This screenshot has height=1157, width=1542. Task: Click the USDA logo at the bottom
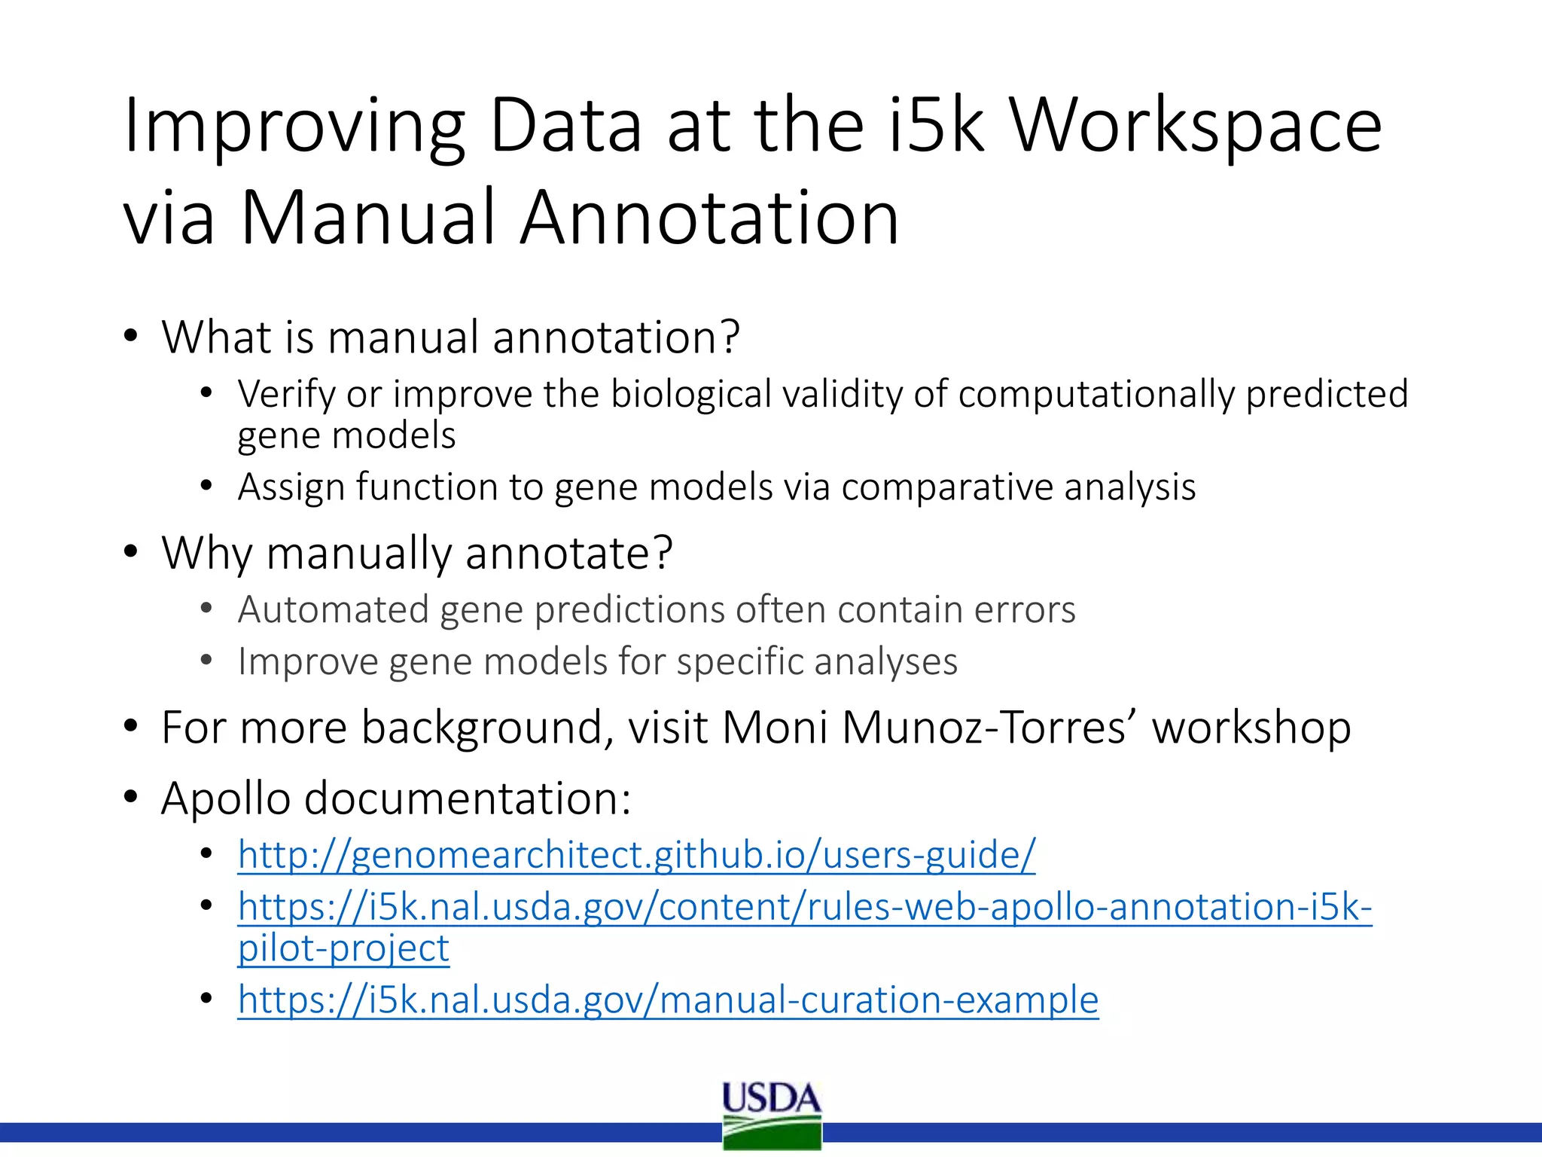pyautogui.click(x=772, y=1115)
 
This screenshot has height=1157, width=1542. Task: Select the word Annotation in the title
pyautogui.click(x=709, y=218)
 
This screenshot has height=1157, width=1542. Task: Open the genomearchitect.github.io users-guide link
pyautogui.click(x=636, y=855)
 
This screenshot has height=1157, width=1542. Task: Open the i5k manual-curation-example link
pyautogui.click(x=668, y=1000)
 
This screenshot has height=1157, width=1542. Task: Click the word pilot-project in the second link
pyautogui.click(x=343, y=948)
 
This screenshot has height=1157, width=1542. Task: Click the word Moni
pyautogui.click(x=775, y=728)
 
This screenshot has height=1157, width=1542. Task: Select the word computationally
pyautogui.click(x=1096, y=394)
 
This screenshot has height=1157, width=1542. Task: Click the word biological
pyautogui.click(x=691, y=394)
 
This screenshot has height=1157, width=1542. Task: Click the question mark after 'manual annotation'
pyautogui.click(x=730, y=337)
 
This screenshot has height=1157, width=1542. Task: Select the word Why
pyautogui.click(x=206, y=554)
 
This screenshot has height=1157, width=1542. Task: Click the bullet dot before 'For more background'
pyautogui.click(x=131, y=727)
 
